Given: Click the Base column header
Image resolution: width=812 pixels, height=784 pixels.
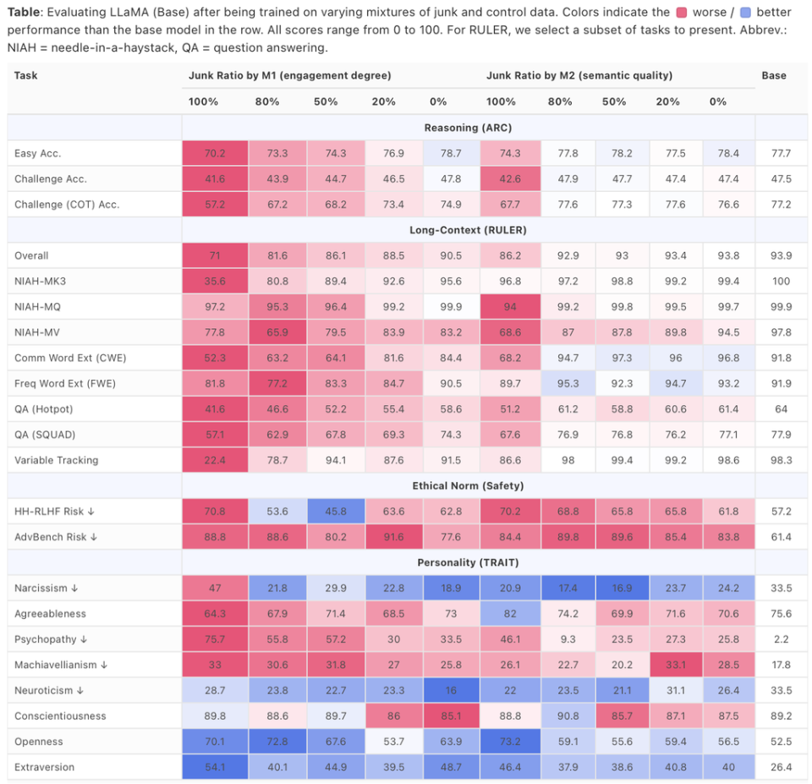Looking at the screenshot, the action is click(x=774, y=75).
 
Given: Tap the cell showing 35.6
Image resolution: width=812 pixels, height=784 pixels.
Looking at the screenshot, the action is click(x=215, y=281).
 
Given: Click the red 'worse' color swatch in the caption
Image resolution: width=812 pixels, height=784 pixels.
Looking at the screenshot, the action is click(x=681, y=12).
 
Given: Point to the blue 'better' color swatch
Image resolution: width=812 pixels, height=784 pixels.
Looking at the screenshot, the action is click(x=745, y=12).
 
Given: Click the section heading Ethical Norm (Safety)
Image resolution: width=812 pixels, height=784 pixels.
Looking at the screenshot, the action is click(x=468, y=485).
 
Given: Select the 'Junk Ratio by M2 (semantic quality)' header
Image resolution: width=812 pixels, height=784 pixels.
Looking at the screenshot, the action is click(x=579, y=75).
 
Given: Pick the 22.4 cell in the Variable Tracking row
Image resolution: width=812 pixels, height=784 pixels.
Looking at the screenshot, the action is click(x=215, y=460).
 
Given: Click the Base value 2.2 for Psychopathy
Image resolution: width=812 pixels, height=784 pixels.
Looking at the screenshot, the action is click(x=781, y=639).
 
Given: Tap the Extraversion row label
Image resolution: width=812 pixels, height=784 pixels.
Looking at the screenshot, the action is click(x=45, y=767).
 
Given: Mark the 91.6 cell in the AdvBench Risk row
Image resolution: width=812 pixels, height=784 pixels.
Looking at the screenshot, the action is click(x=393, y=537).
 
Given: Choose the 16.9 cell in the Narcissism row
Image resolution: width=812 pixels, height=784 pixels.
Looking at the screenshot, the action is click(x=622, y=589).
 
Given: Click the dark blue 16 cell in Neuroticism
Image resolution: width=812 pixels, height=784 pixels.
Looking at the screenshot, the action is click(x=451, y=690).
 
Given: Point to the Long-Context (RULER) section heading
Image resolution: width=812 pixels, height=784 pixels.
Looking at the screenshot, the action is click(x=468, y=230).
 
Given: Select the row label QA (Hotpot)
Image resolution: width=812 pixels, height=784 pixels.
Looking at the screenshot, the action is click(x=43, y=409).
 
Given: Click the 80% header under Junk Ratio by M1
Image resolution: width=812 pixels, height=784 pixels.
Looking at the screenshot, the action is click(x=267, y=101).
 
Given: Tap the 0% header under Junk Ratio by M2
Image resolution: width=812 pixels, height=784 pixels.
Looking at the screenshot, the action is click(x=718, y=101).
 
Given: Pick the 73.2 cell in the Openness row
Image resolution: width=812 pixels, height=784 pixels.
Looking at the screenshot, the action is click(x=510, y=742).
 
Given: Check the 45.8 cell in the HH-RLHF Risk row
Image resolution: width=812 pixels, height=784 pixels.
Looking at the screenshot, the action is click(x=336, y=512).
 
